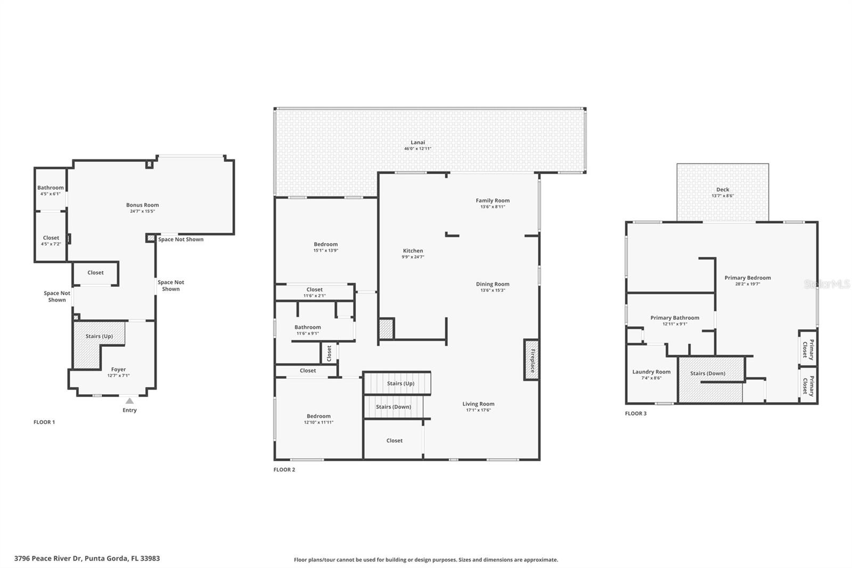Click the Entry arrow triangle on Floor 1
[x=129, y=401]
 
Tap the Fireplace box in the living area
[x=531, y=360]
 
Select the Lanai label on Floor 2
[x=418, y=142]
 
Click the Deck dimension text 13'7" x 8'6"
[x=723, y=196]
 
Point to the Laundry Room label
[x=651, y=372]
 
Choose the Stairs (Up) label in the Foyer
[x=99, y=336]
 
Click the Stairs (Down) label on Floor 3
[x=708, y=373]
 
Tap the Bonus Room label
[x=142, y=205]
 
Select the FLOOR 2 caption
[x=284, y=469]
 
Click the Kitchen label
[x=413, y=250]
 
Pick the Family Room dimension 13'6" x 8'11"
[x=493, y=207]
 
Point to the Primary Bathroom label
[x=675, y=318]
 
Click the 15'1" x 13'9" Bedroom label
[x=326, y=244]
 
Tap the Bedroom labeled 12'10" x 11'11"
[x=318, y=416]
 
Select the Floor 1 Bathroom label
[x=51, y=188]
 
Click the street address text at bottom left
[x=87, y=558]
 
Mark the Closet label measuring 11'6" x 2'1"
[x=314, y=289]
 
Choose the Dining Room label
[x=493, y=284]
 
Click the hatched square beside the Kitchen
[x=386, y=328]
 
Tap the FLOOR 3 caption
[x=636, y=413]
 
